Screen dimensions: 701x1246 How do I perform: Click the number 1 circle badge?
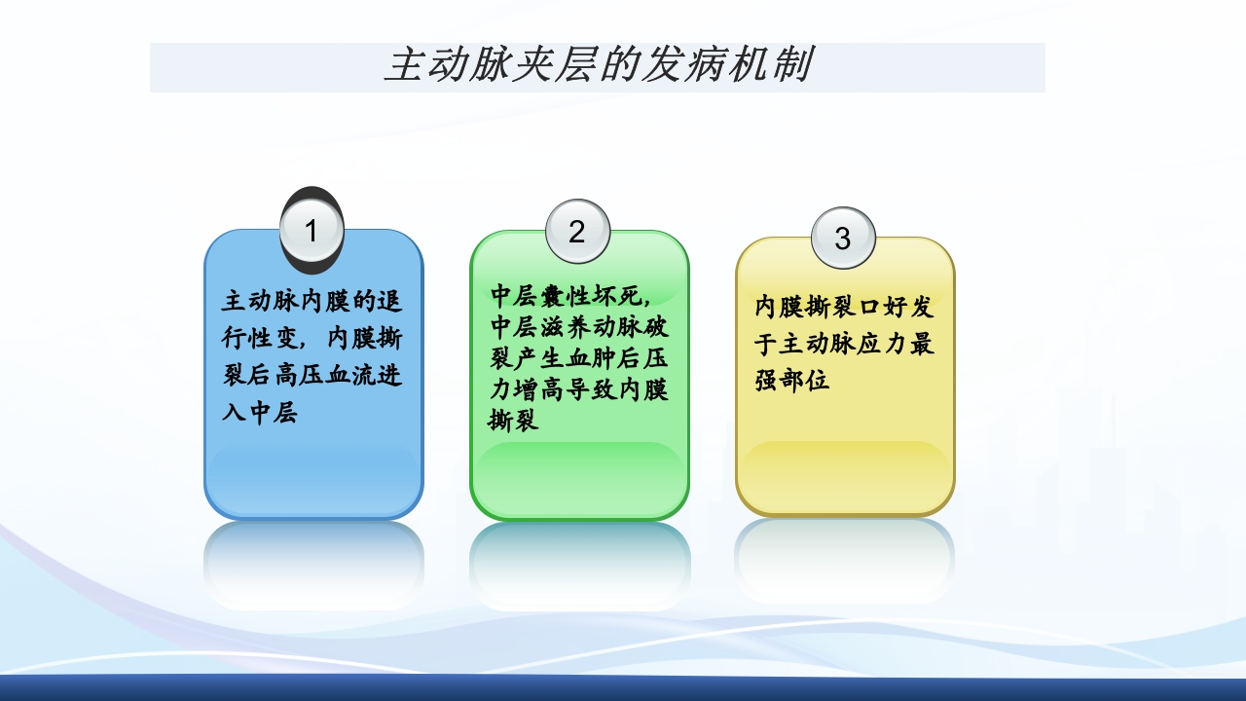(x=311, y=232)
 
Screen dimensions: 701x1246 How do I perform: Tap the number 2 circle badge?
(x=577, y=232)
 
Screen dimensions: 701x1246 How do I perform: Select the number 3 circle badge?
(x=843, y=239)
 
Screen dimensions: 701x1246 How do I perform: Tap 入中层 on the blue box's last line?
(x=260, y=413)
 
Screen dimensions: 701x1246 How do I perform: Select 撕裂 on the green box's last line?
(x=513, y=422)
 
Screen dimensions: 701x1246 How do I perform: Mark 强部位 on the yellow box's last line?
(x=792, y=381)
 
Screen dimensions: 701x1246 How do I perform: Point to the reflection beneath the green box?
(x=580, y=565)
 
